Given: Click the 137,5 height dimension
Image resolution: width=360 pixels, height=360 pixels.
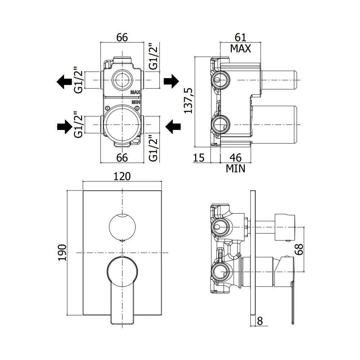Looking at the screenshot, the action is click(x=188, y=101).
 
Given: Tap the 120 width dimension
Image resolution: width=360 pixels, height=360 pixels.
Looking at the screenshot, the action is click(x=122, y=176).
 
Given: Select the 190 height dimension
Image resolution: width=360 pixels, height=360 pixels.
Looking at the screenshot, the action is click(x=62, y=253).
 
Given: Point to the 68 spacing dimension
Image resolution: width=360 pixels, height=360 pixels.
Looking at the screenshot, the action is click(x=299, y=249).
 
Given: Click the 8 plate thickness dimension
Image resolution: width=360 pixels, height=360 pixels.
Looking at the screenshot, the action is click(x=260, y=321).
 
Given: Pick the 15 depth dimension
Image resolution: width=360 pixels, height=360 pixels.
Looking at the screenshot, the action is click(x=199, y=158).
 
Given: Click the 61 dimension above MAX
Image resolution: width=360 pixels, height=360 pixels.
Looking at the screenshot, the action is click(x=240, y=37).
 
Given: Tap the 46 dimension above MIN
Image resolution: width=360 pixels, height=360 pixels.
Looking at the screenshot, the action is click(x=235, y=158).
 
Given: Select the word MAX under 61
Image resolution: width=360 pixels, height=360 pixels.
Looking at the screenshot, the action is click(x=240, y=49).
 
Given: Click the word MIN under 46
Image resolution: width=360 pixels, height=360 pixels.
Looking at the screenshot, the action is click(x=235, y=168).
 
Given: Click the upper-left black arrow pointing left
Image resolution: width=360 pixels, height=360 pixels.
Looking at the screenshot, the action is click(x=64, y=81).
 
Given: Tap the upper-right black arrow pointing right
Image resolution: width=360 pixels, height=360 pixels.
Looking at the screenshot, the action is click(x=171, y=81).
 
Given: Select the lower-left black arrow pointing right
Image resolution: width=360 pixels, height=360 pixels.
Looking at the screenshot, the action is click(x=65, y=126).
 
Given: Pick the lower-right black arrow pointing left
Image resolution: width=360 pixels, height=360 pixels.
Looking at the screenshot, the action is click(x=173, y=126).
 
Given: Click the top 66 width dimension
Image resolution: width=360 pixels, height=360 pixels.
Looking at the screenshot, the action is click(x=122, y=37).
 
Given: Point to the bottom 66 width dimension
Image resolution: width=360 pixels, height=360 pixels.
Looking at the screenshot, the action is click(x=122, y=158).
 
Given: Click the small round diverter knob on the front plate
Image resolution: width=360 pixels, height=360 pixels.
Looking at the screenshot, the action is click(x=122, y=227).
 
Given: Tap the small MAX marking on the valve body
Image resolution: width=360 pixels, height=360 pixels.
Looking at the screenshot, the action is click(x=135, y=92).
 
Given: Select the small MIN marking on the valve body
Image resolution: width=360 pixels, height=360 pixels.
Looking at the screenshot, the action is click(x=136, y=102).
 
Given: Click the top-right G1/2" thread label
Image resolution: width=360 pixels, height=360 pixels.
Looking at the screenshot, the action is click(x=153, y=56).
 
